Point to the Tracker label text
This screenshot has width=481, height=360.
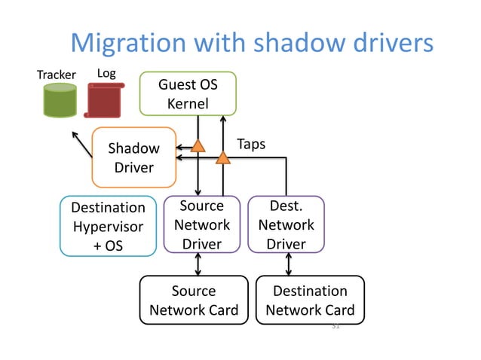click(57, 75)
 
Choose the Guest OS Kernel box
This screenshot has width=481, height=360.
click(188, 94)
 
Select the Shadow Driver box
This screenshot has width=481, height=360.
click(133, 157)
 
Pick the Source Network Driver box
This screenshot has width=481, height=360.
click(202, 224)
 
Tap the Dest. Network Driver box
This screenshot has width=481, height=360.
click(286, 224)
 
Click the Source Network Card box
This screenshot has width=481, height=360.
click(194, 301)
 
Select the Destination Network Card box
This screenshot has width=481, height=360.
click(310, 301)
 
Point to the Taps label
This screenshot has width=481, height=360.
click(251, 144)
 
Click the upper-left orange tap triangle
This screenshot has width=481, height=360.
click(198, 145)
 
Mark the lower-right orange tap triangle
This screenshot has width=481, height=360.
click(223, 157)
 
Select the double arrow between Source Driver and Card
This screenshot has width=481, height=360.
click(198, 264)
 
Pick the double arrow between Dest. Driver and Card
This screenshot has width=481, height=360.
click(289, 264)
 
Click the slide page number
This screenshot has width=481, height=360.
click(335, 327)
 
